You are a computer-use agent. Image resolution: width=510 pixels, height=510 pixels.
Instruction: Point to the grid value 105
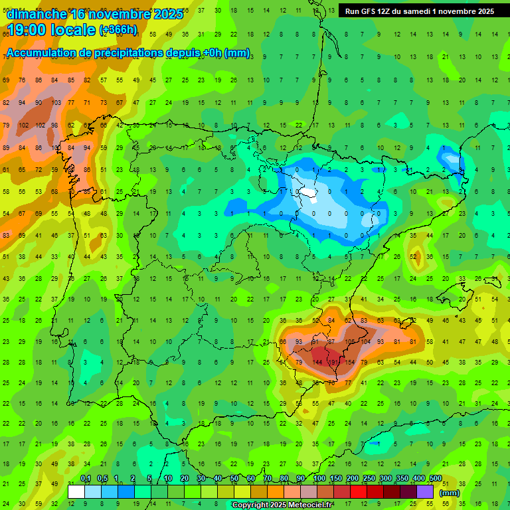(349, 341)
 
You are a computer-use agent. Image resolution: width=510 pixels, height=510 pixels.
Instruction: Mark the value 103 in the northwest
(56, 103)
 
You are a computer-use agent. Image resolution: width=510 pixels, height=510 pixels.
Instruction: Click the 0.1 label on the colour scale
(86, 479)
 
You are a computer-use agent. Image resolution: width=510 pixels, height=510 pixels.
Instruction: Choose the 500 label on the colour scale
(435, 479)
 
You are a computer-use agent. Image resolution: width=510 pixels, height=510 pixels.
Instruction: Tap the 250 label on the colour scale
(368, 479)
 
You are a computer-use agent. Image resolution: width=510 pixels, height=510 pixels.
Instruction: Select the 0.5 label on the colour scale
(102, 479)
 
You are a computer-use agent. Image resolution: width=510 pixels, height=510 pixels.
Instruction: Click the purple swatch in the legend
(426, 491)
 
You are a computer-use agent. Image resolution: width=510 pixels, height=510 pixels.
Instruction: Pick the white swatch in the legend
(76, 491)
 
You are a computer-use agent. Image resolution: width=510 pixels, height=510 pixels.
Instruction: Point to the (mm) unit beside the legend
(450, 493)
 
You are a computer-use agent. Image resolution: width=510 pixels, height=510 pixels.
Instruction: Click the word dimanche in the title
(36, 13)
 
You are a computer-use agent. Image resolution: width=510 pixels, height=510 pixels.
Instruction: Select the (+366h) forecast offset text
(118, 30)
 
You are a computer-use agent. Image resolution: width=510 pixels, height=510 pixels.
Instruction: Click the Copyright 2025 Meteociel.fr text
(282, 505)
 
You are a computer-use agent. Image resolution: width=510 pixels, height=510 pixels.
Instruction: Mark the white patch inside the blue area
(308, 193)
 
